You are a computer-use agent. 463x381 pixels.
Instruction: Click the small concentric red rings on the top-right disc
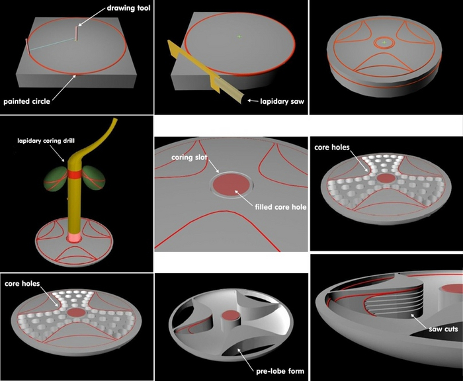pyautogui.click(x=384, y=41)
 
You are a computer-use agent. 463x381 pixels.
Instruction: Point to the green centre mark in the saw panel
pyautogui.click(x=239, y=36)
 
